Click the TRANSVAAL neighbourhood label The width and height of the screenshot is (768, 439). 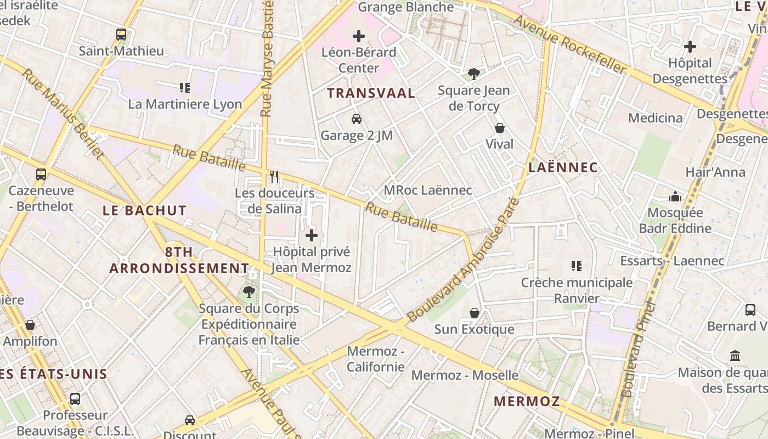[371, 93]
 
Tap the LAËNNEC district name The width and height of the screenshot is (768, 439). [563, 167]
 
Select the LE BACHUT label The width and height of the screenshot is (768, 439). [145, 210]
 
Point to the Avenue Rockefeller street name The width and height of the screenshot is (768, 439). [570, 44]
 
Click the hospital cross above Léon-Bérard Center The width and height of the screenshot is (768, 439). [359, 37]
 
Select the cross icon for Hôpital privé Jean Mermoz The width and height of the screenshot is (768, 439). [312, 236]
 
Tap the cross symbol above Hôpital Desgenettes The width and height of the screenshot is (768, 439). [690, 47]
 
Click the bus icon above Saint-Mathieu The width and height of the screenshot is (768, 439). [121, 35]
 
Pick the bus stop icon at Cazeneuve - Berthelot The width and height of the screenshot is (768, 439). [41, 175]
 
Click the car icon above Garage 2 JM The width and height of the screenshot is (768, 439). [357, 119]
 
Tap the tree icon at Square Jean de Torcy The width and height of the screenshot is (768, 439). [473, 74]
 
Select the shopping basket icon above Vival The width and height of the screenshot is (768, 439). [500, 128]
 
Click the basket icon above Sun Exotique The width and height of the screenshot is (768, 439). [475, 313]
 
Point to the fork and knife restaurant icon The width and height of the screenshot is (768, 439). [274, 176]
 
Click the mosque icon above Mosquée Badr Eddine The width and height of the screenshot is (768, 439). [675, 196]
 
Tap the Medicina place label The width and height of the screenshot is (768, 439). [656, 118]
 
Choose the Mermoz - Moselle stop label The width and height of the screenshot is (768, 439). [465, 375]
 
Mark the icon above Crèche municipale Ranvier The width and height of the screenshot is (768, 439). [577, 266]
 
